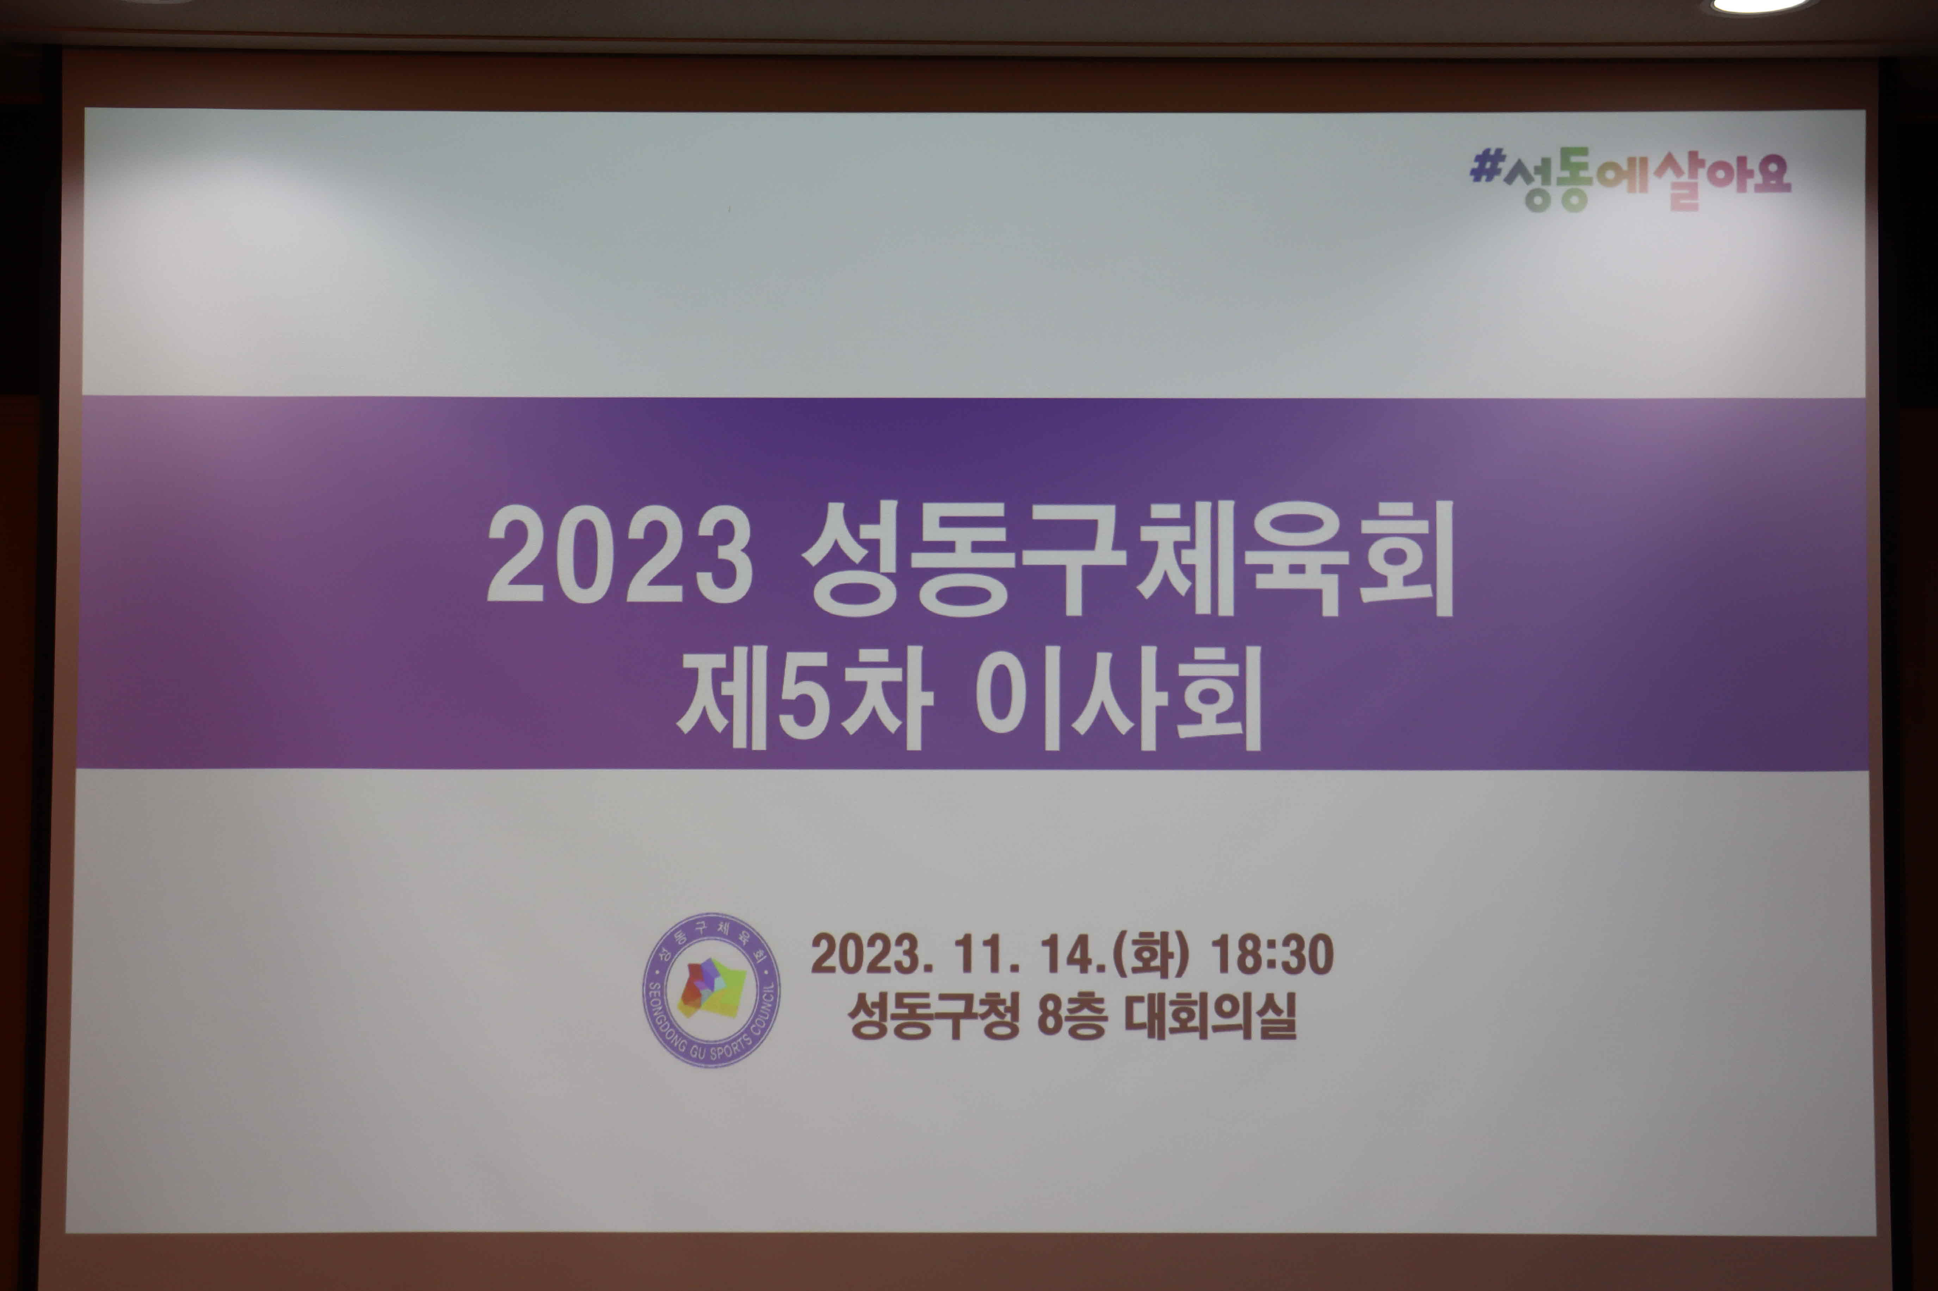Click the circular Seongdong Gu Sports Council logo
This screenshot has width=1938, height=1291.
pos(712,991)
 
